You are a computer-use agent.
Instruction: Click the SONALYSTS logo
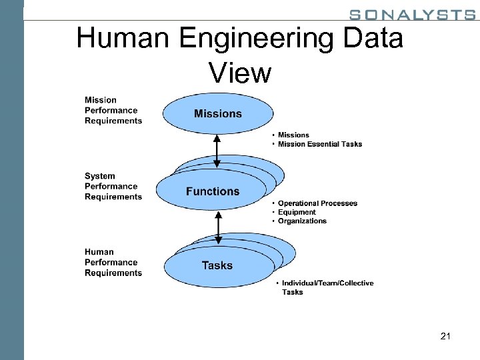[412, 15]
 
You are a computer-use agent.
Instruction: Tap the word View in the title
[240, 72]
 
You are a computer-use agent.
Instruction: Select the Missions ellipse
[218, 114]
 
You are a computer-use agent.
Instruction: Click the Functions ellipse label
[213, 191]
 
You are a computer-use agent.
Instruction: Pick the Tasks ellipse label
[217, 265]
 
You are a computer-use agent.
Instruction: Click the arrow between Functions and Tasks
[217, 227]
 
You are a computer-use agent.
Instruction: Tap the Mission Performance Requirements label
[113, 111]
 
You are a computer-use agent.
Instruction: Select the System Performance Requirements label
[113, 187]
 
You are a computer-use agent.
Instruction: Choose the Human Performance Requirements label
[113, 263]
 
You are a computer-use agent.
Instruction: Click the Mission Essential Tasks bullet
[319, 145]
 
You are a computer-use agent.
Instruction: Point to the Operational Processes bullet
[317, 203]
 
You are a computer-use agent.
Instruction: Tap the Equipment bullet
[297, 212]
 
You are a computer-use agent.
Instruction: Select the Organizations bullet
[302, 221]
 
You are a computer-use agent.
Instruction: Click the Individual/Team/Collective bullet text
[327, 283]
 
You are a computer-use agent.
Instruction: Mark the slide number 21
[445, 337]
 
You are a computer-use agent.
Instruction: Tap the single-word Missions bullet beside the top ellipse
[293, 135]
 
